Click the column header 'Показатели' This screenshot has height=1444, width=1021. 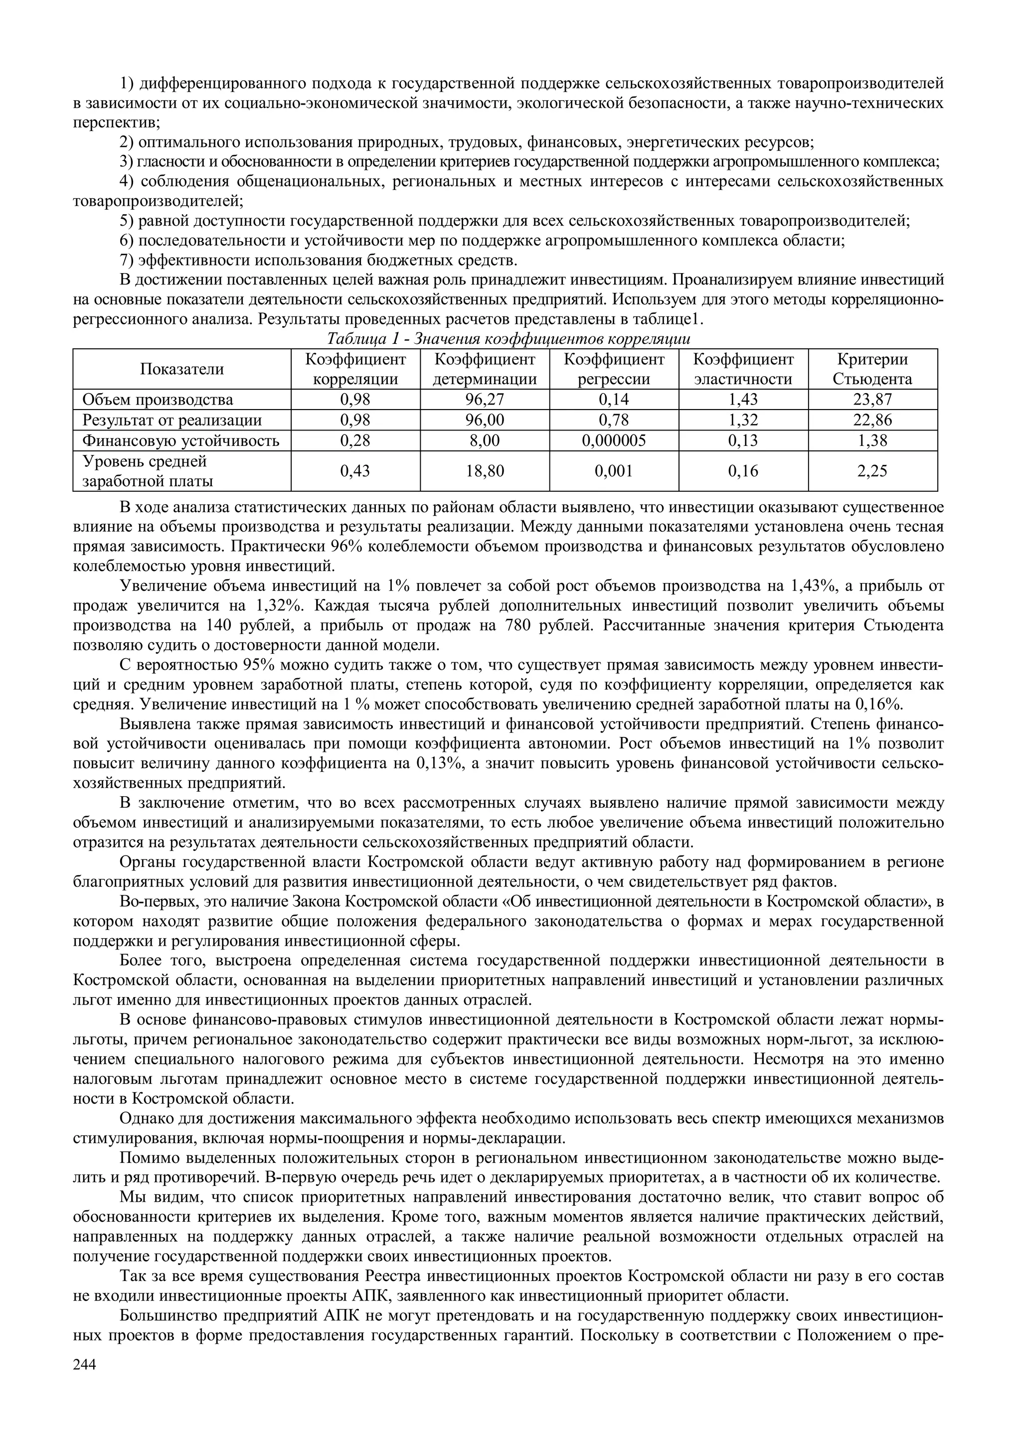(182, 369)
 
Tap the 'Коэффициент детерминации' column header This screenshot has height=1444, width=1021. (485, 369)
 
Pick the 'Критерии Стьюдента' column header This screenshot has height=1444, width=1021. (872, 369)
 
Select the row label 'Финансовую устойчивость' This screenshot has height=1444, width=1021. (181, 440)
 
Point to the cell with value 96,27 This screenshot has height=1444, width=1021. (485, 400)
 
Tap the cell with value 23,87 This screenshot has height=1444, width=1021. (872, 400)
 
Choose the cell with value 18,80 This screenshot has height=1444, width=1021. (485, 471)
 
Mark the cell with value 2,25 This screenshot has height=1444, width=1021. (872, 471)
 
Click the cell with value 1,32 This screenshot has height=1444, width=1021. (743, 420)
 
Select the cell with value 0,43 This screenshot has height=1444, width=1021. (355, 471)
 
